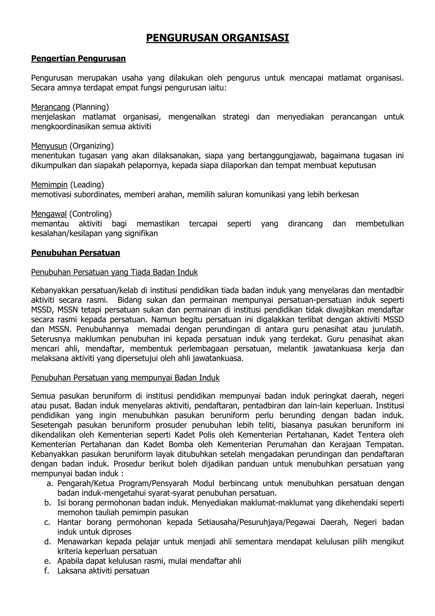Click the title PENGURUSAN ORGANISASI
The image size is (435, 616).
click(x=217, y=38)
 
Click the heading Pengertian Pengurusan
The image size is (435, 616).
click(x=78, y=58)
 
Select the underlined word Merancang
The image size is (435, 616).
click(x=50, y=107)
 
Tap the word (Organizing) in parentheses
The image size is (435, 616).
click(x=92, y=146)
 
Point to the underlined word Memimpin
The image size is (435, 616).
click(x=49, y=185)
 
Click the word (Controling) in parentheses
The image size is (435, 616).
click(x=90, y=214)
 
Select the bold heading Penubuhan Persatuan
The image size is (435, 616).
click(x=76, y=253)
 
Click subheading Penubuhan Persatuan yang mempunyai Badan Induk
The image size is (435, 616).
click(x=125, y=378)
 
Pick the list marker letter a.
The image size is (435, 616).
click(x=49, y=484)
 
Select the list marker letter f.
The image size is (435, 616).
click(x=48, y=571)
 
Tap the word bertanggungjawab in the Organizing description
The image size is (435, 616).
click(x=281, y=156)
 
